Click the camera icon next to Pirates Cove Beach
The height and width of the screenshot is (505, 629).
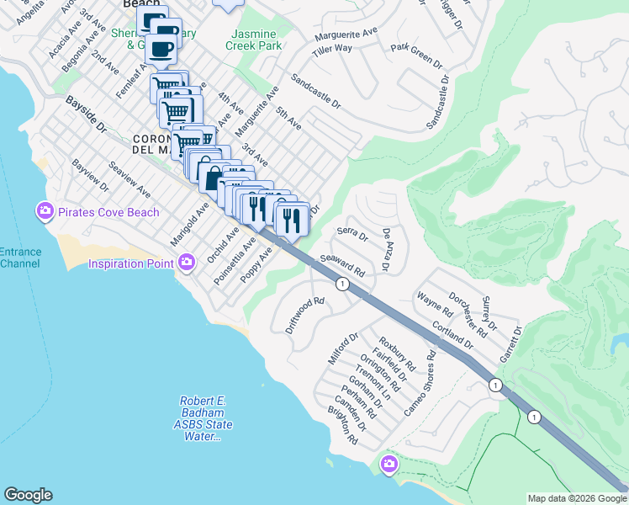pos(45,210)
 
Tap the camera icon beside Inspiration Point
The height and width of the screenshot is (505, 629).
pos(187,263)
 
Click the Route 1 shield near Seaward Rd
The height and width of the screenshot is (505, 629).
pos(342,284)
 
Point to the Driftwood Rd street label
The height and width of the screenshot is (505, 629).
pos(304,315)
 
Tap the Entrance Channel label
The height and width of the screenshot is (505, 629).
pos(19,258)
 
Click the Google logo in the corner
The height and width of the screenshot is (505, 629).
pos(28,495)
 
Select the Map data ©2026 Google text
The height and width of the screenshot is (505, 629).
pos(577,498)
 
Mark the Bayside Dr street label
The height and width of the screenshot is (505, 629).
pos(87,114)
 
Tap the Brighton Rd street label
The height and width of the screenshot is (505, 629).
pos(345,427)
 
